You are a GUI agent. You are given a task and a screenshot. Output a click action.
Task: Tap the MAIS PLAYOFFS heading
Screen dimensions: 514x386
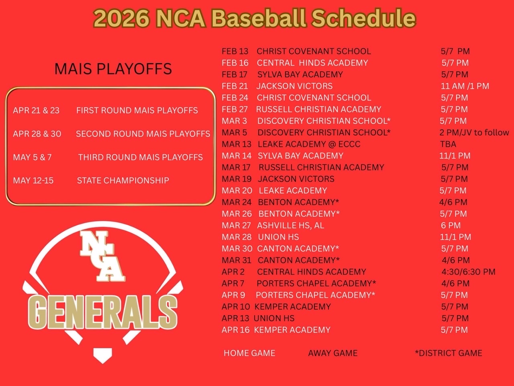tap(113, 69)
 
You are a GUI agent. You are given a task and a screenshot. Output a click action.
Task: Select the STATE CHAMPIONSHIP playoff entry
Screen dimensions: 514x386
tap(123, 180)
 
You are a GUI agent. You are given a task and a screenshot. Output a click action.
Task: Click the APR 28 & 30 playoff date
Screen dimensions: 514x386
tap(37, 133)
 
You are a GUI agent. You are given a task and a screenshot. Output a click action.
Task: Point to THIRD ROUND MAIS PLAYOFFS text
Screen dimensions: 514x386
tap(140, 157)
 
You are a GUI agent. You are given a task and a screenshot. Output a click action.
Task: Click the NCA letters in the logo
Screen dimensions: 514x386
tap(102, 256)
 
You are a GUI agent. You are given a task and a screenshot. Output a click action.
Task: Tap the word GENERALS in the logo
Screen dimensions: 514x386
tap(102, 312)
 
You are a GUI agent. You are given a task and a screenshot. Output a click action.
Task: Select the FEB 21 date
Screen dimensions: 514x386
tap(235, 86)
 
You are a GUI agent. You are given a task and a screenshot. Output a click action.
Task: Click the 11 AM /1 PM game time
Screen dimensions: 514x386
tap(465, 86)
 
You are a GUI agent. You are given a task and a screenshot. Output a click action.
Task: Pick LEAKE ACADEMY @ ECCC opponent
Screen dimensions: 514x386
tap(309, 144)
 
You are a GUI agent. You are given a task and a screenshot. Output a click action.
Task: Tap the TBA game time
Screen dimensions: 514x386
tap(448, 144)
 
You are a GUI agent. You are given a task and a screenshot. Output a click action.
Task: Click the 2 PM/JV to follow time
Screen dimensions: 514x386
tap(474, 132)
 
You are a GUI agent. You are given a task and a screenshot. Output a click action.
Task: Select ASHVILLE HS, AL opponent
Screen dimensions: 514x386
tap(290, 226)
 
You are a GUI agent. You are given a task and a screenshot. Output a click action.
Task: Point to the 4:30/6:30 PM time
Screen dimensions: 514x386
tap(468, 272)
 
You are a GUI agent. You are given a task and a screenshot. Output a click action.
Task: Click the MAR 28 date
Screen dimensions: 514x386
tap(237, 237)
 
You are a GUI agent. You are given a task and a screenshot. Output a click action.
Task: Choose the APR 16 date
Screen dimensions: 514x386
tap(236, 330)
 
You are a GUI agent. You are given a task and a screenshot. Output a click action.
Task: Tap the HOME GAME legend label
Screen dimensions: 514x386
tap(249, 353)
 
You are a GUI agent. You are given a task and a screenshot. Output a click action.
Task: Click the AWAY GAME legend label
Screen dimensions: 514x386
tap(333, 353)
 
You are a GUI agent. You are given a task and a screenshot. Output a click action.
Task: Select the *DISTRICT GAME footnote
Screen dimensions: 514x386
tap(449, 353)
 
